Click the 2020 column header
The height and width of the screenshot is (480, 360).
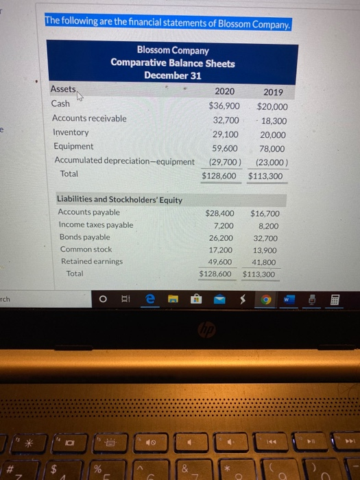click(224, 91)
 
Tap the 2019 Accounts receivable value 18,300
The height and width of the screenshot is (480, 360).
click(274, 119)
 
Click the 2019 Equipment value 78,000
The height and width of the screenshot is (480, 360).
click(274, 148)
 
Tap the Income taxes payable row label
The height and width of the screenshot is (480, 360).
click(96, 225)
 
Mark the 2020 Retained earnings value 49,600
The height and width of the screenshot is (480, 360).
click(219, 262)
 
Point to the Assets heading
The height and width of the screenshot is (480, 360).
click(64, 89)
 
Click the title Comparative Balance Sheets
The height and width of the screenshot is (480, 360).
click(173, 63)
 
